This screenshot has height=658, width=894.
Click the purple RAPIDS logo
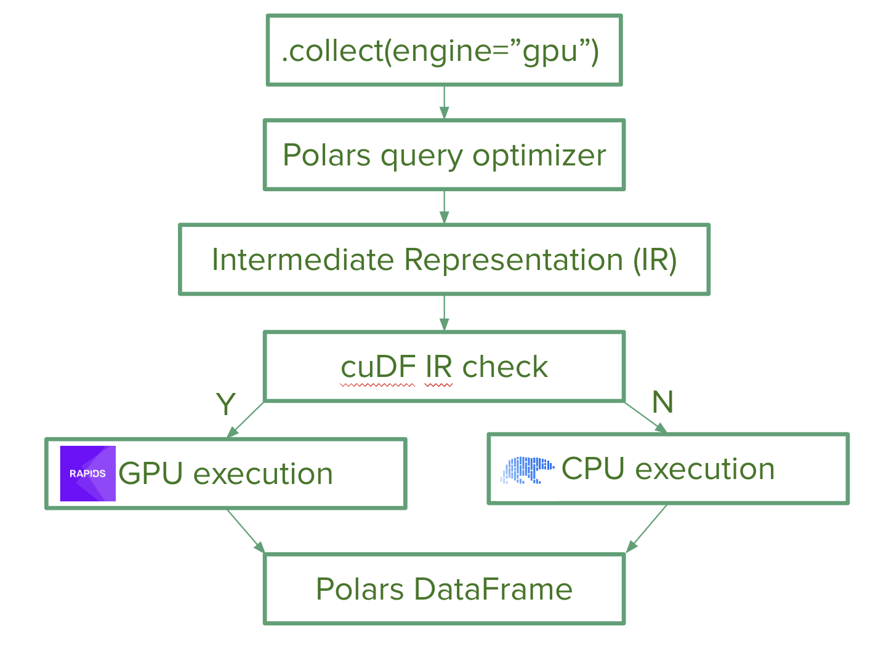pyautogui.click(x=88, y=474)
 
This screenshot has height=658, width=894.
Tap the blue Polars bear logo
pyautogui.click(x=527, y=470)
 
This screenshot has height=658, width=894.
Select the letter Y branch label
pyautogui.click(x=226, y=404)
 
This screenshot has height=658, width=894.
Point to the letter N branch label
pyautogui.click(x=662, y=402)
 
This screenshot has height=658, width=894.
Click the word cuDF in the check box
pyautogui.click(x=378, y=367)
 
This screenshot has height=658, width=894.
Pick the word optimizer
pyautogui.click(x=539, y=156)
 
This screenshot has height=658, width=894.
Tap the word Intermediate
pyautogui.click(x=303, y=260)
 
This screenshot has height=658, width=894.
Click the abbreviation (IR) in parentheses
pyautogui.click(x=655, y=261)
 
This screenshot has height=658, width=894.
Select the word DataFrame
pyautogui.click(x=493, y=589)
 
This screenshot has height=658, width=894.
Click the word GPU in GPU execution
pyautogui.click(x=150, y=474)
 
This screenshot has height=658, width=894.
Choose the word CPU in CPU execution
pyautogui.click(x=593, y=469)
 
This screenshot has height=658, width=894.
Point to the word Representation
pyautogui.click(x=513, y=261)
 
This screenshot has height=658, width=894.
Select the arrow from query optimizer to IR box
pyautogui.click(x=444, y=207)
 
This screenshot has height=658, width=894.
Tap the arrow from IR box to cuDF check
pyautogui.click(x=444, y=313)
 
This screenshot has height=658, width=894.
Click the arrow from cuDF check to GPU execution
pyautogui.click(x=245, y=420)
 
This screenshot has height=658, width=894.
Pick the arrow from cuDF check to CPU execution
pyautogui.click(x=646, y=418)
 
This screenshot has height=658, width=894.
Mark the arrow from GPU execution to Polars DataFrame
pyautogui.click(x=246, y=531)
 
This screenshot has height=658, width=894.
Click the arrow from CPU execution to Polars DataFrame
pyautogui.click(x=646, y=529)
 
